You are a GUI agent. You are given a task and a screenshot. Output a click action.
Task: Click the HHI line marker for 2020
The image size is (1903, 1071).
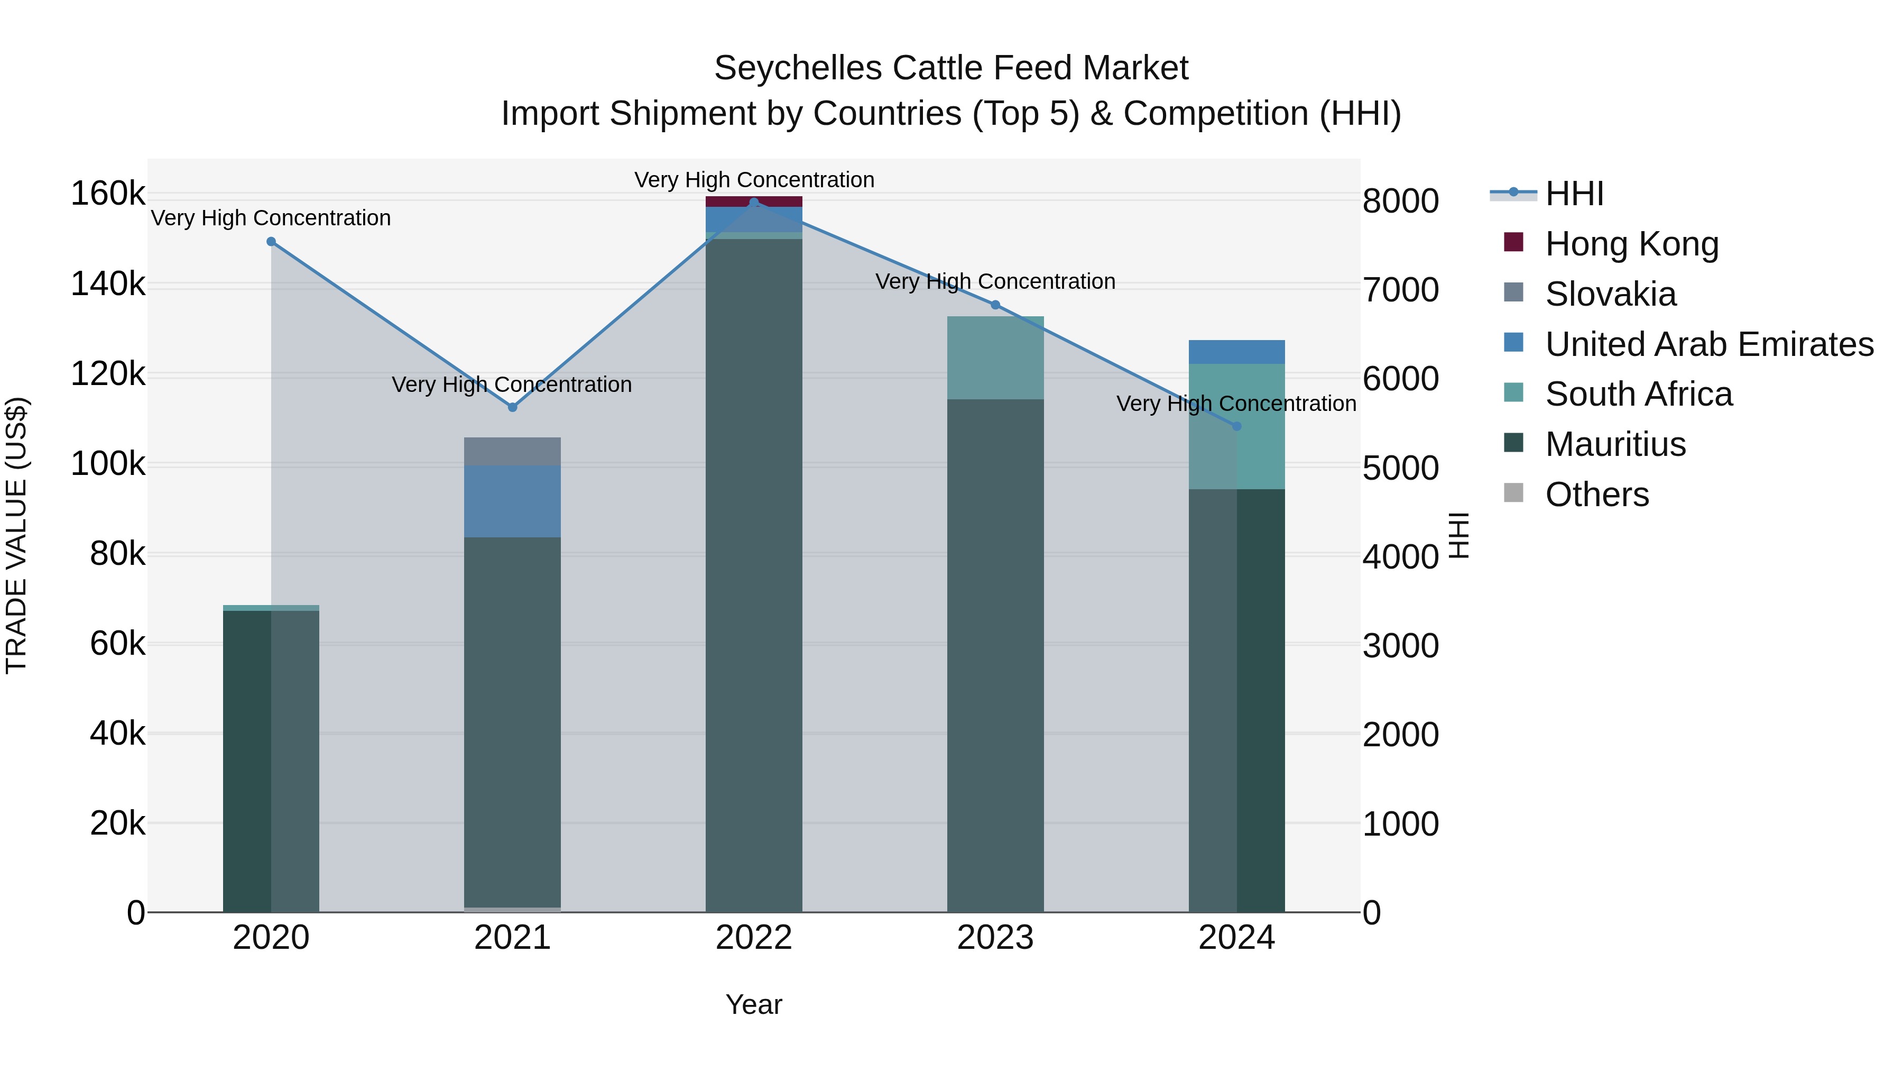[x=271, y=242]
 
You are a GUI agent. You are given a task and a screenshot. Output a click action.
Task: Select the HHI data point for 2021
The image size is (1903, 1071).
[x=513, y=407]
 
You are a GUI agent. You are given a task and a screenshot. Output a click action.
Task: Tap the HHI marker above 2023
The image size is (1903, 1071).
[x=995, y=305]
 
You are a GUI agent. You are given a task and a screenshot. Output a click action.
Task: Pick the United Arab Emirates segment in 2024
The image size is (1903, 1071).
[x=1236, y=352]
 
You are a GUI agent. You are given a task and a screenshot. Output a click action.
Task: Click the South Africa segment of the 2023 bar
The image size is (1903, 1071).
[x=995, y=358]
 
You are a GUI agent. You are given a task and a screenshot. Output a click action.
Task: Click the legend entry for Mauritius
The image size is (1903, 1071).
[x=1615, y=444]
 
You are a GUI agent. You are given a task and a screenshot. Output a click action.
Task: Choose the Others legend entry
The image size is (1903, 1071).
[x=1596, y=495]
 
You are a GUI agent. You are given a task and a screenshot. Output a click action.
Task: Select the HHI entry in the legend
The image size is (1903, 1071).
[x=1574, y=194]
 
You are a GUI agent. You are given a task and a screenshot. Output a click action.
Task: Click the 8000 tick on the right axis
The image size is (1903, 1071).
[x=1400, y=201]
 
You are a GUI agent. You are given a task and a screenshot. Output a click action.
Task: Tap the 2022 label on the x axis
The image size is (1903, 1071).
[x=753, y=938]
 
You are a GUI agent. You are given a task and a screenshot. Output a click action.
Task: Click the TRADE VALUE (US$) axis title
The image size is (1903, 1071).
[x=16, y=535]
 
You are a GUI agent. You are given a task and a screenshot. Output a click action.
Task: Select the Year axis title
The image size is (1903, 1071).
[x=753, y=1004]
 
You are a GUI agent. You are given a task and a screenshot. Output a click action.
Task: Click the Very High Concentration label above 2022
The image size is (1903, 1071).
[x=753, y=180]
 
